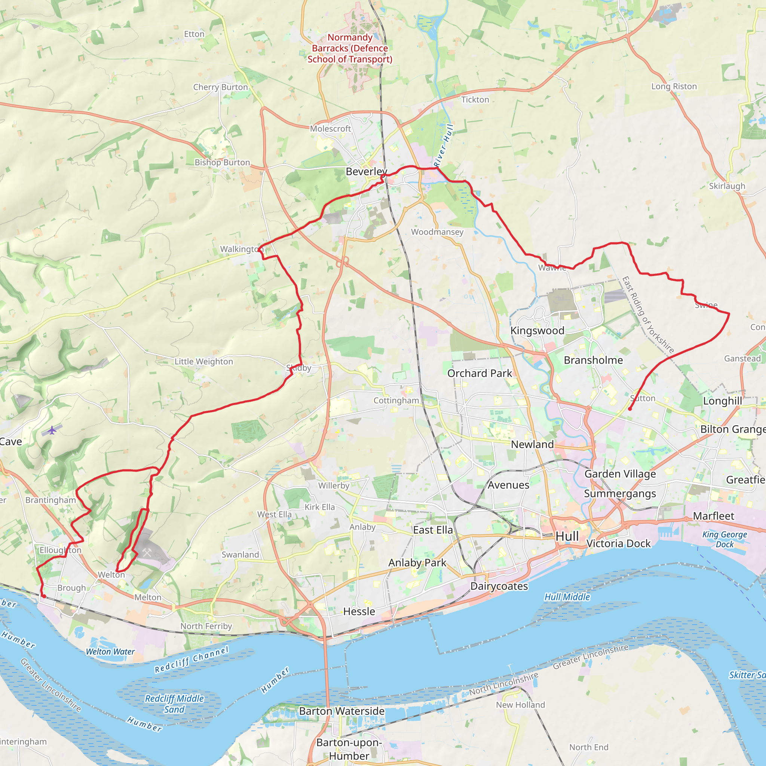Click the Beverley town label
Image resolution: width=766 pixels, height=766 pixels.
click(x=366, y=172)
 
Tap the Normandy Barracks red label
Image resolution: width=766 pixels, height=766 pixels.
click(x=350, y=48)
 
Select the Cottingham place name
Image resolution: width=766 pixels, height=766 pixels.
click(x=396, y=401)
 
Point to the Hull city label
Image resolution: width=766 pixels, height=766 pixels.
click(x=567, y=536)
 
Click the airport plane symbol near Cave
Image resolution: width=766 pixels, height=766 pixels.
click(x=52, y=430)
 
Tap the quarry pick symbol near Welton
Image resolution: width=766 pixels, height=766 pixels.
click(x=147, y=552)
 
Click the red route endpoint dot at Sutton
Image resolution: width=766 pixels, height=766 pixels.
click(x=630, y=409)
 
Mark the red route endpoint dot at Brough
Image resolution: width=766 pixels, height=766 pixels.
click(x=44, y=596)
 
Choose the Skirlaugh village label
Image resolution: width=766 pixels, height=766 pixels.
click(x=727, y=186)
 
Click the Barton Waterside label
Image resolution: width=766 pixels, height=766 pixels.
click(x=341, y=711)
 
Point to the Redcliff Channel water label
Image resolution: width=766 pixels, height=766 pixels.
click(x=191, y=660)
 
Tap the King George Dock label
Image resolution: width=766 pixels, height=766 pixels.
click(x=724, y=539)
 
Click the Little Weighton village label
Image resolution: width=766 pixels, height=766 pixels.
click(x=204, y=362)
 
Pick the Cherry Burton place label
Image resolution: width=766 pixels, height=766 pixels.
click(x=220, y=87)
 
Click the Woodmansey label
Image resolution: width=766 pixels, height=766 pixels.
click(x=437, y=232)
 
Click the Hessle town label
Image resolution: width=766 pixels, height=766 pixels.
click(x=359, y=612)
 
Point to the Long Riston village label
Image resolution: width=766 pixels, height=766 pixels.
click(x=674, y=86)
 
